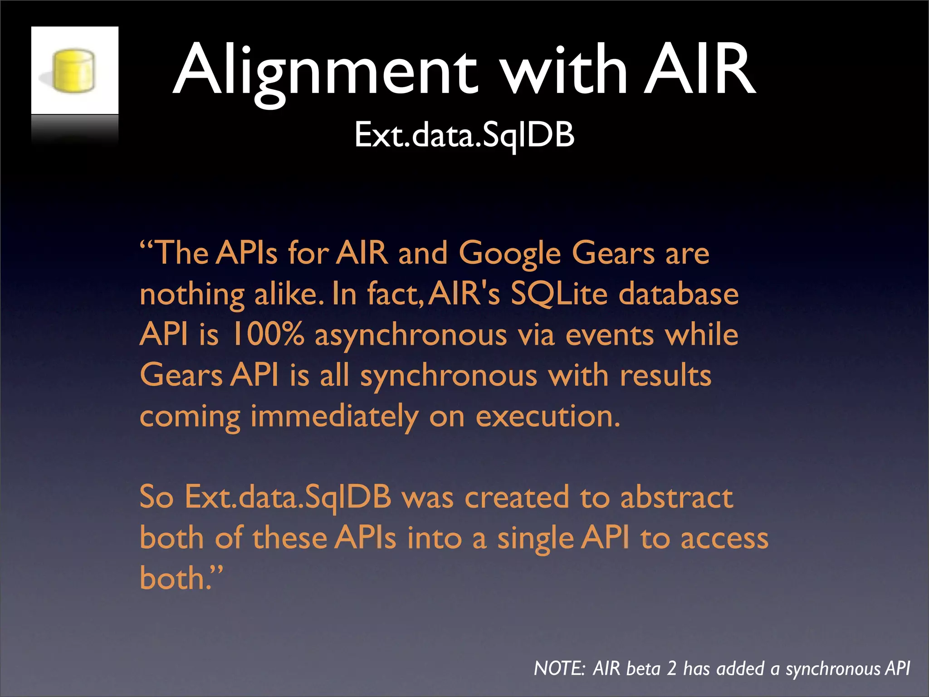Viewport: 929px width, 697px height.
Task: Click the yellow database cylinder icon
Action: click(x=73, y=71)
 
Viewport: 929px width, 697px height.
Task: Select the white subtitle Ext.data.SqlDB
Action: click(x=464, y=135)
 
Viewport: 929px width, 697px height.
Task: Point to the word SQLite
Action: click(x=559, y=294)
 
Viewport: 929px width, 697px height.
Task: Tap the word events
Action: click(x=609, y=335)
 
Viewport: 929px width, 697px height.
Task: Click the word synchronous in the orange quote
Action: click(x=448, y=377)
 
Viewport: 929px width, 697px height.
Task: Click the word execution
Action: click(x=547, y=417)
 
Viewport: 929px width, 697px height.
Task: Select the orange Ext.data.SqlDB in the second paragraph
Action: click(x=288, y=498)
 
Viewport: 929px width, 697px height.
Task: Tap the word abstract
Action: click(x=676, y=497)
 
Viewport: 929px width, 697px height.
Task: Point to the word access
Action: click(x=724, y=539)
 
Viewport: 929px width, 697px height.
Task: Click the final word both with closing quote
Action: click(x=181, y=578)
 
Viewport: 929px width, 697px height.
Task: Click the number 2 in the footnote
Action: click(x=671, y=669)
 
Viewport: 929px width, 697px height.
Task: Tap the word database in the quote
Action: click(x=679, y=294)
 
